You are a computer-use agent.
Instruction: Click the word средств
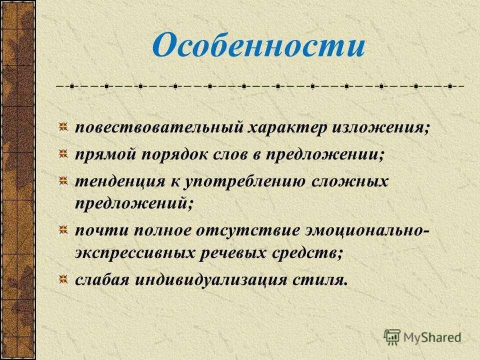pyautogui.click(x=312, y=252)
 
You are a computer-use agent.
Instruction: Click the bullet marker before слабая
pyautogui.click(x=63, y=277)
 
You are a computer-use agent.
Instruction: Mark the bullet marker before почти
pyautogui.click(x=63, y=229)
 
